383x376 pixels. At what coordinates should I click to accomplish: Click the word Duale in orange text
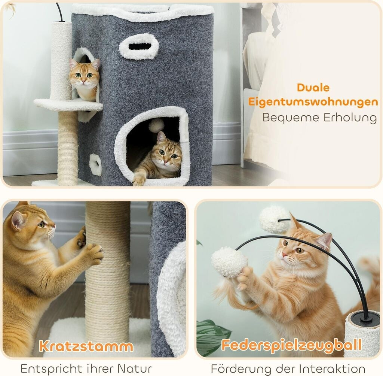coord(313,88)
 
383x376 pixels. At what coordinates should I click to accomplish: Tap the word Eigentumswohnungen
coord(313,102)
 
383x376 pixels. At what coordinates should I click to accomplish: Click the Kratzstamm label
coord(86,346)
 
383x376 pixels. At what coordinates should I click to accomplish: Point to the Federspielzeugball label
coord(291,345)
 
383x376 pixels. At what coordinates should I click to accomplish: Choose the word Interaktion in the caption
coord(333,369)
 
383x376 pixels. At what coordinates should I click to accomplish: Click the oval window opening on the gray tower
coord(139,46)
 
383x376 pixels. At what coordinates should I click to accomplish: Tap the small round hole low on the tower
coord(95,165)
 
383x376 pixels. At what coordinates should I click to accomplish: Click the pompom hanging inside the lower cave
coord(156,125)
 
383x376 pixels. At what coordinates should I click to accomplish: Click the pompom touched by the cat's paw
coord(229,262)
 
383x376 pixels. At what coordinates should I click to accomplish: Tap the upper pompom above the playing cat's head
coord(274,219)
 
